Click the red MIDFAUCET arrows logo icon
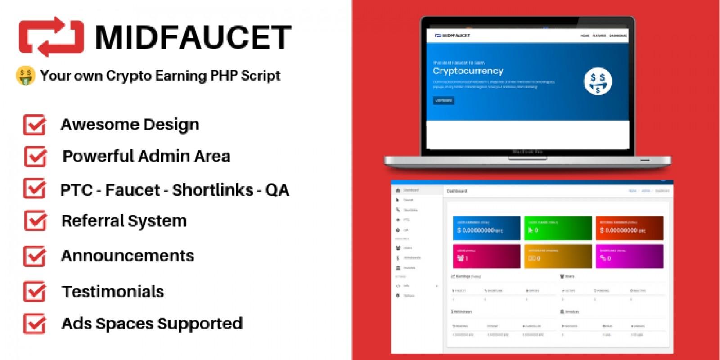(51, 37)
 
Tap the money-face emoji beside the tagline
(25, 76)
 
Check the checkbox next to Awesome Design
(35, 125)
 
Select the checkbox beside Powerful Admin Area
(35, 157)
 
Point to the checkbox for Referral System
(35, 221)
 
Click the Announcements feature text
(127, 256)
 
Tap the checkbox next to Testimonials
(35, 292)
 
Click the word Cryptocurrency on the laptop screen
(468, 71)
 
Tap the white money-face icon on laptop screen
(598, 81)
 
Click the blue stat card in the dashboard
(486, 228)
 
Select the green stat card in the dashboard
(558, 228)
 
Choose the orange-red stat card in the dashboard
(629, 228)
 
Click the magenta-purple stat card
(629, 256)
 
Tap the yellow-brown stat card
(558, 256)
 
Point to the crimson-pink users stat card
(486, 256)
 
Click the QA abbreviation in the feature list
(277, 190)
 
